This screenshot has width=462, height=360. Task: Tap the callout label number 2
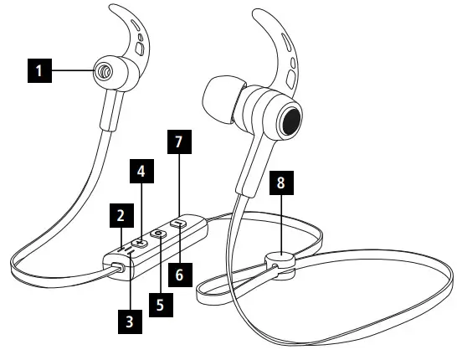[121, 216]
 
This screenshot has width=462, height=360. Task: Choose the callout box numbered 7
[178, 142]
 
